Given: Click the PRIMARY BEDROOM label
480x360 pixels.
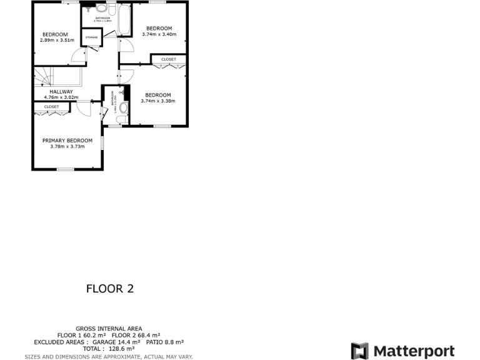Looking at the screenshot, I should coord(67,141).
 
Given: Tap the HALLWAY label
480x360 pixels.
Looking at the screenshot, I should coord(61,91).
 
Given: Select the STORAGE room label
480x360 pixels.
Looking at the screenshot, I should coord(91,37).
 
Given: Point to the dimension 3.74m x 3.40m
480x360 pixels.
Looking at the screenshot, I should coord(159,34).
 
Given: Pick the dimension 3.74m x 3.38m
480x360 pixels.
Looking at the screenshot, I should coord(157,101).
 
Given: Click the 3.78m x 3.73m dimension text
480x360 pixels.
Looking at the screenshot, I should coord(67,147).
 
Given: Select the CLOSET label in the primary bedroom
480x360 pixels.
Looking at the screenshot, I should coord(51,107).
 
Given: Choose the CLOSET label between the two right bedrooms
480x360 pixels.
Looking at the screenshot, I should coord(169,59).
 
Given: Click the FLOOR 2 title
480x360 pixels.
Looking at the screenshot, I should coord(109,289).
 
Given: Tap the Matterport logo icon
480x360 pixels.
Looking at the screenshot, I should coord(359,351).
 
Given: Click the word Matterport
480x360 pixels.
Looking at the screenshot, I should coord(414,351).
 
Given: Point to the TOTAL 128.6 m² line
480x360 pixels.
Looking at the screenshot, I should coord(109,349).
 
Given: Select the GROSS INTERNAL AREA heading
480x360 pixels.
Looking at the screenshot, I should coord(109,329).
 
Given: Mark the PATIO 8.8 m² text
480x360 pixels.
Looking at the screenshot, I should coord(165,342).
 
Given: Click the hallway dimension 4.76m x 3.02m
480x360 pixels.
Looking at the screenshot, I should coord(61,97).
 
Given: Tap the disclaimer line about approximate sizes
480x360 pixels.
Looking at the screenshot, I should coord(109,356).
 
